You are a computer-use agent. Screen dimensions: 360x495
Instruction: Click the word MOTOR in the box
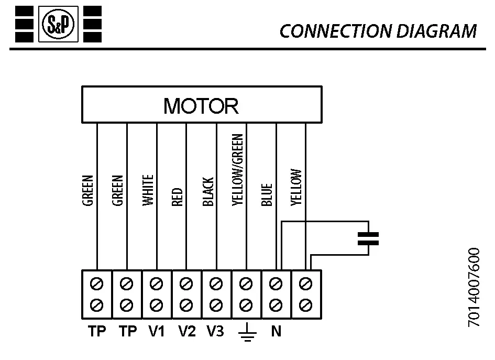pyautogui.click(x=201, y=106)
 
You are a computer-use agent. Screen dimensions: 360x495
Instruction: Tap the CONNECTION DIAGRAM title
pyautogui.click(x=378, y=31)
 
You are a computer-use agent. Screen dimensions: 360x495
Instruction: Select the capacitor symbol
pyautogui.click(x=368, y=238)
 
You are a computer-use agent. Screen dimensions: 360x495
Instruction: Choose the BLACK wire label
pyautogui.click(x=207, y=192)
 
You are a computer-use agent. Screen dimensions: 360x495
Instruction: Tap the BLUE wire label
pyautogui.click(x=267, y=194)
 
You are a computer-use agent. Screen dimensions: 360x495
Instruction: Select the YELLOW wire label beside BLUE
pyautogui.click(x=296, y=187)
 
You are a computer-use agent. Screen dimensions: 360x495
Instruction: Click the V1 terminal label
pyautogui.click(x=156, y=332)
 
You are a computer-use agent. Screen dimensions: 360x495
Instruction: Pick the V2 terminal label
pyautogui.click(x=186, y=332)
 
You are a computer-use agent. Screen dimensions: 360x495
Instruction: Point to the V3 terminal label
pyautogui.click(x=215, y=332)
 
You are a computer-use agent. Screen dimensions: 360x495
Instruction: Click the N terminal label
pyautogui.click(x=276, y=332)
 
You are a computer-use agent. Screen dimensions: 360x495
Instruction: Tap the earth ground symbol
pyautogui.click(x=246, y=333)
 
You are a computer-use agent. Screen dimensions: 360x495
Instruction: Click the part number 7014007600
pyautogui.click(x=474, y=288)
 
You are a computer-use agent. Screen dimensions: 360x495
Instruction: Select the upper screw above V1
pyautogui.click(x=156, y=284)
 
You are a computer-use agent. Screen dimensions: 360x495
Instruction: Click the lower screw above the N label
pyautogui.click(x=276, y=304)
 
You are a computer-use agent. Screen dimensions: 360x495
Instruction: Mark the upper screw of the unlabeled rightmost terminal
pyautogui.click(x=306, y=284)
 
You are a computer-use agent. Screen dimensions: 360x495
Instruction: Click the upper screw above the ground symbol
pyautogui.click(x=246, y=284)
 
